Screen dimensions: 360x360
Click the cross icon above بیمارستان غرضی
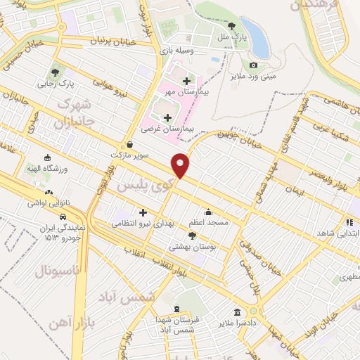pos(167,117)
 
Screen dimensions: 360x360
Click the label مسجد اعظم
pos(208,222)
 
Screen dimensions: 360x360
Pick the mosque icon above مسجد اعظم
pos(208,211)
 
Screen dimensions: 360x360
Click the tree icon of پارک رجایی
pos(55,72)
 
